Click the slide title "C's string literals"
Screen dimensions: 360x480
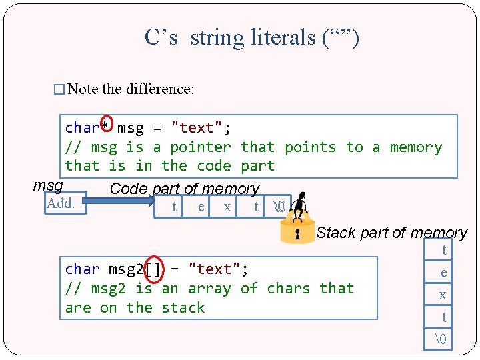coord(251,37)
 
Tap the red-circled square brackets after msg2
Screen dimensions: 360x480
coord(153,269)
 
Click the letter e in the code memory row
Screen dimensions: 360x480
coord(201,207)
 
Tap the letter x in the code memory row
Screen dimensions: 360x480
coord(227,207)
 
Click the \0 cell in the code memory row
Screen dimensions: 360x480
coord(280,207)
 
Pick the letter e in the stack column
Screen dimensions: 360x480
coord(443,273)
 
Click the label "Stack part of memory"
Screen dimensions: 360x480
coord(391,233)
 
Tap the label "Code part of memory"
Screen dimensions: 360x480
coord(184,189)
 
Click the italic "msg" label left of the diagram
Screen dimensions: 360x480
coord(48,185)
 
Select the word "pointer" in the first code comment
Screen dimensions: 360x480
coord(200,147)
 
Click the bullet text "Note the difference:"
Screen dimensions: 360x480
coord(131,89)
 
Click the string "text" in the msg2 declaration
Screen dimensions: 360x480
coord(214,269)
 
